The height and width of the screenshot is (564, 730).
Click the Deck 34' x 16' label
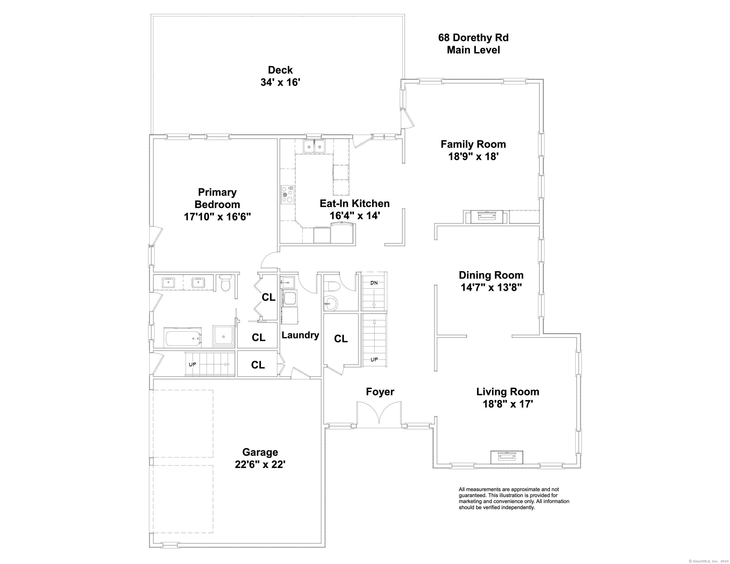point(281,76)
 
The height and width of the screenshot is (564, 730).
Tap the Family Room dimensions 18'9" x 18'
point(473,156)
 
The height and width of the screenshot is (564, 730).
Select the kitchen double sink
point(314,146)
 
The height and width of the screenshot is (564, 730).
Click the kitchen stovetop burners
point(287,195)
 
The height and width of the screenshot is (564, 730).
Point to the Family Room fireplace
point(486,217)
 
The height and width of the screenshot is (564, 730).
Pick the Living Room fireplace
point(506,457)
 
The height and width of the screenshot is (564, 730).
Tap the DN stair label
point(374,283)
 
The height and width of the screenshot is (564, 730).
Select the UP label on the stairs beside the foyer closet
point(374,359)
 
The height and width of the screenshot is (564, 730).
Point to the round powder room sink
point(331,304)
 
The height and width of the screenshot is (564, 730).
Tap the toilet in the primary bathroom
point(226,282)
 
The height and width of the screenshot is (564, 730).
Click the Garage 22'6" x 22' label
point(260,458)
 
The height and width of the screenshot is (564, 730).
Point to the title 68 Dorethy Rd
point(473,37)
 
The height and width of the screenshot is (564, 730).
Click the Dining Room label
point(491,275)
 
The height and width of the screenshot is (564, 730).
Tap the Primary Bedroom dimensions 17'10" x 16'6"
point(217,217)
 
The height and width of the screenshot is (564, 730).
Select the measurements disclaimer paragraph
point(514,498)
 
